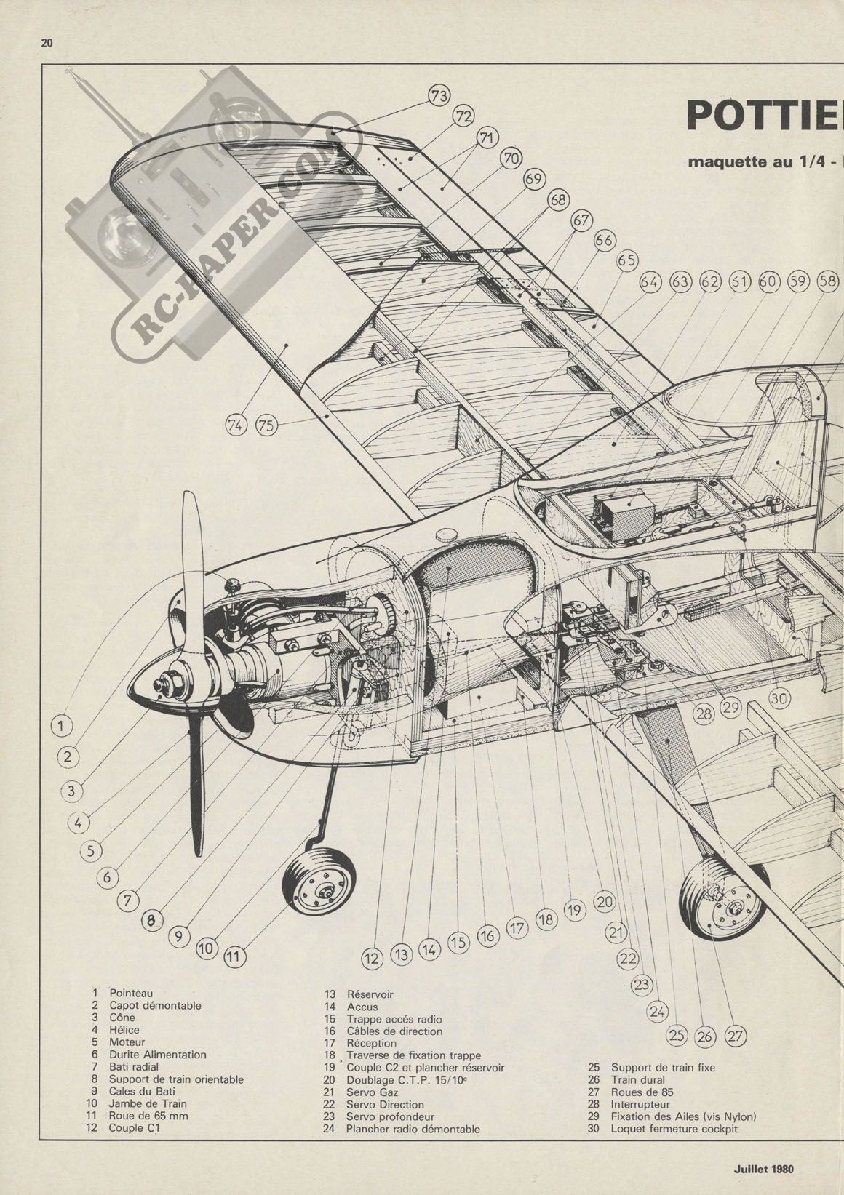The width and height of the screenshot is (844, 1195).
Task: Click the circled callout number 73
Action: (439, 96)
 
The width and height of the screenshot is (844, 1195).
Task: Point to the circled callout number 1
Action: (63, 725)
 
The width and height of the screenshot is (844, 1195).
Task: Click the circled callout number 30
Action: (779, 698)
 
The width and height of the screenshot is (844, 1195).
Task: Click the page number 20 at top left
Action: (47, 43)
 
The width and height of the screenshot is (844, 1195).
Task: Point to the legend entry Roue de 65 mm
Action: (143, 1116)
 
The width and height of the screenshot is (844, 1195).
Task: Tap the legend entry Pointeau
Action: (131, 992)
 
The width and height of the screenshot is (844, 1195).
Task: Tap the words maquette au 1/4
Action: (743, 161)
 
